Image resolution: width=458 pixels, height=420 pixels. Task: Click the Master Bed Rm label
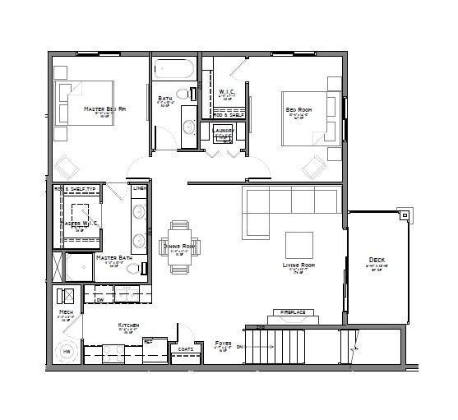104,108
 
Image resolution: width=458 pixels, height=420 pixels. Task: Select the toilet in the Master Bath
144,268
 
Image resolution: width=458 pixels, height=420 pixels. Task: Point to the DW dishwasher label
99,301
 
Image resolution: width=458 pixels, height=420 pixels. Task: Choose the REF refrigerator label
149,339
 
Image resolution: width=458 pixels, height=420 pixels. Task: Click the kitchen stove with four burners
112,353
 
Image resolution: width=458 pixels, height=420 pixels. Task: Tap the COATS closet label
186,348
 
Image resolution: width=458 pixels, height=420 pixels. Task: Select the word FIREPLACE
293,313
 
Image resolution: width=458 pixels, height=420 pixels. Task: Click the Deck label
377,262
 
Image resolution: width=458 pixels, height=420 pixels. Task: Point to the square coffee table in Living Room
298,244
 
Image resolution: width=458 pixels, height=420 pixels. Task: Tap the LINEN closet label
140,189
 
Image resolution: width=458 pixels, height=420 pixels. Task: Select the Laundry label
224,130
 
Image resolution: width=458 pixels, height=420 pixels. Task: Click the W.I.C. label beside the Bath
228,91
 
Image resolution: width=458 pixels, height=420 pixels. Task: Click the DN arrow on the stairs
241,348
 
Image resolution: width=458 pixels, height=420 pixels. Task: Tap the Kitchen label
129,326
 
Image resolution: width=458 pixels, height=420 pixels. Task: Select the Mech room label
65,312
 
